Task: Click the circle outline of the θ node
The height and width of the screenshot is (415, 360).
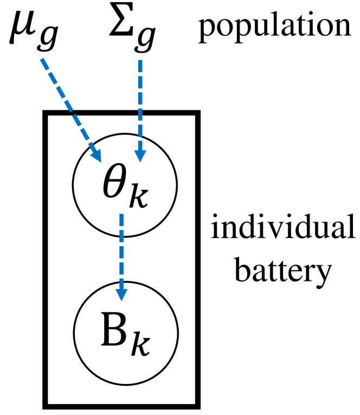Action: tap(73, 184)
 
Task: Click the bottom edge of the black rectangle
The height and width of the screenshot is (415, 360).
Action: tap(122, 405)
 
